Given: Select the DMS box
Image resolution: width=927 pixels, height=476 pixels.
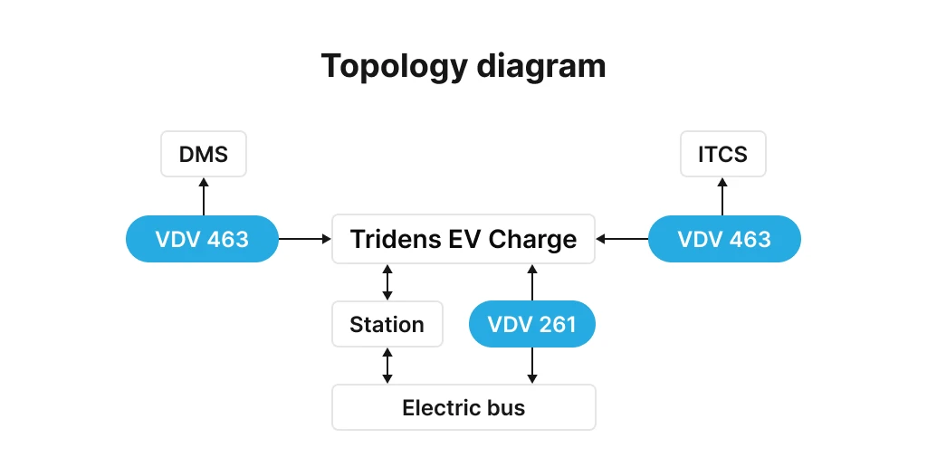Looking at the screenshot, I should point(204,154).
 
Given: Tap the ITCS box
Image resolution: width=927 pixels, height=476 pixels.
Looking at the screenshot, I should point(722,154).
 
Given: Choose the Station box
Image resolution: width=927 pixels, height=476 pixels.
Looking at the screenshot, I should point(387,324).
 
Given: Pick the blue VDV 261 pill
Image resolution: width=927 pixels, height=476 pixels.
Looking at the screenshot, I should point(532,324).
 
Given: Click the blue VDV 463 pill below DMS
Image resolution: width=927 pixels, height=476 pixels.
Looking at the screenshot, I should point(202,239).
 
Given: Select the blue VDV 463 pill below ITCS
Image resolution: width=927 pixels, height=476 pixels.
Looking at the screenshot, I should point(724,239).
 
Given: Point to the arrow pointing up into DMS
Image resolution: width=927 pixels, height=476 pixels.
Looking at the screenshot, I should point(204,195).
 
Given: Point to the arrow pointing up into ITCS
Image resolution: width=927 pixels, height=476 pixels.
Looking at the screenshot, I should point(722,195).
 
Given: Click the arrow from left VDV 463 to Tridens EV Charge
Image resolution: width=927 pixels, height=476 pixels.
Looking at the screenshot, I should point(304,239).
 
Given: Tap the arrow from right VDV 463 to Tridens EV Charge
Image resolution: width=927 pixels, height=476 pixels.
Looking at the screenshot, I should point(622,239).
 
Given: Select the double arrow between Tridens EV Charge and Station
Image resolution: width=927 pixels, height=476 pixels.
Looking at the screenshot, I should point(387,282).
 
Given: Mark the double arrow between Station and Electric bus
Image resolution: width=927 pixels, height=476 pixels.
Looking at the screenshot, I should point(387,366).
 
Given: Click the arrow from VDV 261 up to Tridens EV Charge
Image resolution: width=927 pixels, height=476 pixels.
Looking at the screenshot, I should point(532,282).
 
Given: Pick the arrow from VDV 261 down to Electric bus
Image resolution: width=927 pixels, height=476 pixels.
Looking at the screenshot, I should point(532,366).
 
